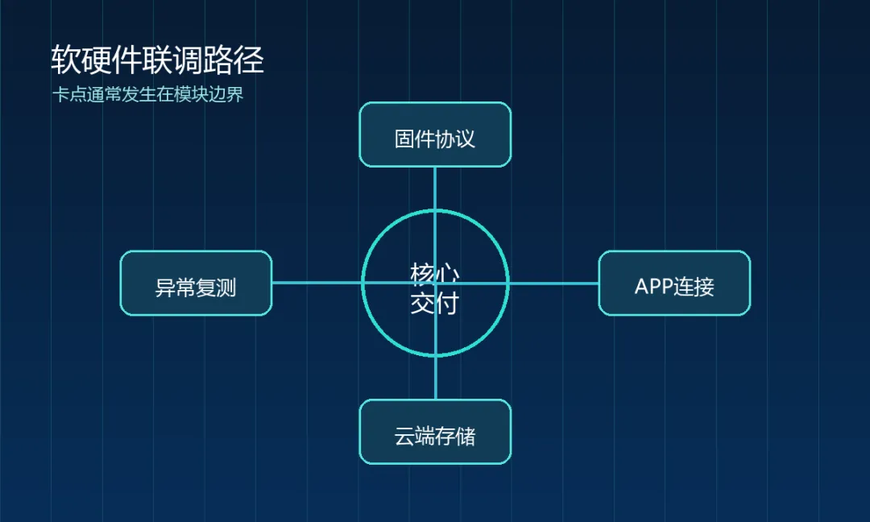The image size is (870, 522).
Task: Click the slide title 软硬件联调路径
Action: coord(157,60)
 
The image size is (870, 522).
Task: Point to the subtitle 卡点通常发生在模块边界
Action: coord(147,94)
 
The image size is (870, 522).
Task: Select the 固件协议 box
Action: coord(435,135)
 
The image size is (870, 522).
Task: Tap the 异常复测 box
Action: coord(196,283)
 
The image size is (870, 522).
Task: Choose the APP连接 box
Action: coord(674,283)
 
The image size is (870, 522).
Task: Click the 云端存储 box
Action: coord(435,432)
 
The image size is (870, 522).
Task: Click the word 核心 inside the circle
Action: coord(435,273)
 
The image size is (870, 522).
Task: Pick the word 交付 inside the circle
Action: coord(435,304)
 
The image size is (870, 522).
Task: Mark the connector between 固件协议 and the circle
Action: coord(435,188)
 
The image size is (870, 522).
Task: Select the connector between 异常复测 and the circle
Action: coord(317,283)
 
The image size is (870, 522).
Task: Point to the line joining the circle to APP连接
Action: coord(553,283)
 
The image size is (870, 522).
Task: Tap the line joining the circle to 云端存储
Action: coord(435,377)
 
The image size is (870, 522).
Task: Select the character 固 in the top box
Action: coord(404,139)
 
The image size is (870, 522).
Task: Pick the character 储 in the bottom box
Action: coord(466,436)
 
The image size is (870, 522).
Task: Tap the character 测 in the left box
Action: coord(226,288)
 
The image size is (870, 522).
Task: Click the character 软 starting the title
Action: coord(66,60)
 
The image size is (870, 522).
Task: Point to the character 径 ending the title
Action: coord(249,60)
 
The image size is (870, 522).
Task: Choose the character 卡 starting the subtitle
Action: coord(60,94)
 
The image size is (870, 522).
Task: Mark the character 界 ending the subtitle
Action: coord(234,94)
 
